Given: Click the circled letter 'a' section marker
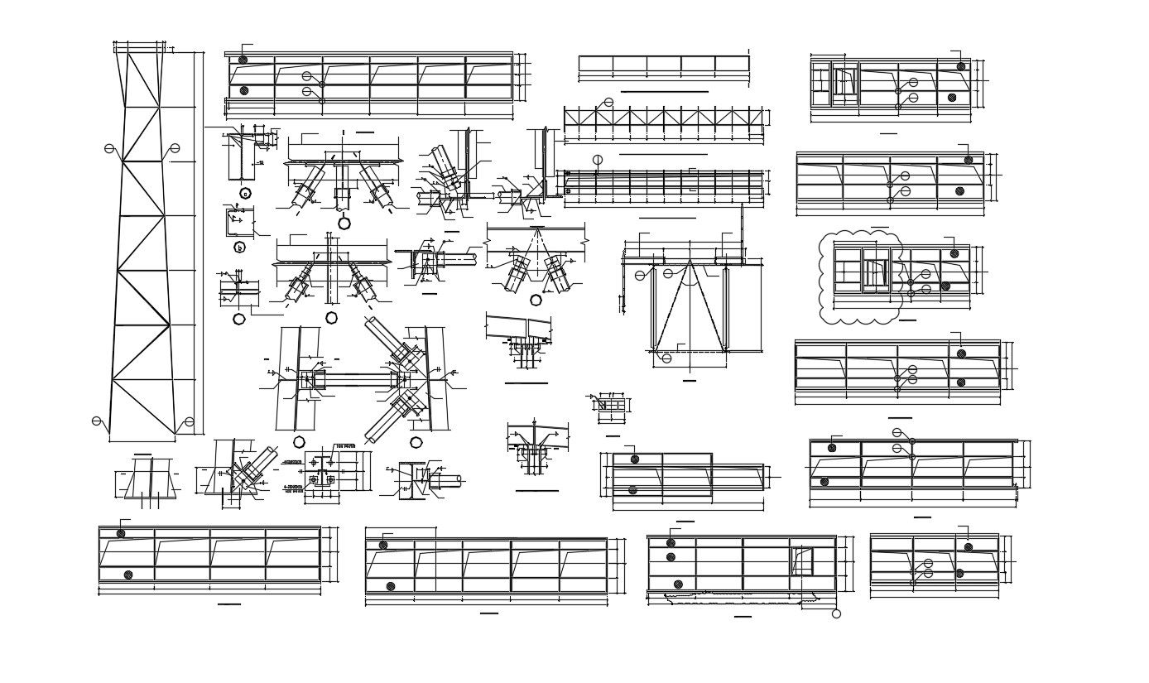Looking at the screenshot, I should pos(245,194).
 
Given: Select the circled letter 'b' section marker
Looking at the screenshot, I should pos(239,248).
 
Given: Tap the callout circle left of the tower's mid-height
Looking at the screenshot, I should pos(109,149).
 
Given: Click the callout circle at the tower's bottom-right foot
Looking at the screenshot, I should pos(190,422).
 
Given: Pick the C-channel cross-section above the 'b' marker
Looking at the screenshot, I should pos(239,222).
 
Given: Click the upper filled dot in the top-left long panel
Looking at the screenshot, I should pos(243,60).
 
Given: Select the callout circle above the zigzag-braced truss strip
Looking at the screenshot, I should pos(608,103).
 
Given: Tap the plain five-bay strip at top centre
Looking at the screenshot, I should pos(663,64).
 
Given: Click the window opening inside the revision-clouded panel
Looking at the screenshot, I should pos(876,271).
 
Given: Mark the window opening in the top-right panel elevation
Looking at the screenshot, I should pos(844,82).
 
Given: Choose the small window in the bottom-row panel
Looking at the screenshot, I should pos(801,560).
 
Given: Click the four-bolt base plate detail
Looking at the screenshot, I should pos(321,479).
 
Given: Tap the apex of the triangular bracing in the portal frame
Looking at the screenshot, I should pos(690,262).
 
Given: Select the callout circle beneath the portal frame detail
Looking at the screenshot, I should pos(666,358).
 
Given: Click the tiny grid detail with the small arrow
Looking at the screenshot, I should pos(612,405).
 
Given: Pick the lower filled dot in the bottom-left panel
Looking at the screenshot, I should pos(127,575).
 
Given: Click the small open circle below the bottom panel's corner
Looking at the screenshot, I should pos(836,613).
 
